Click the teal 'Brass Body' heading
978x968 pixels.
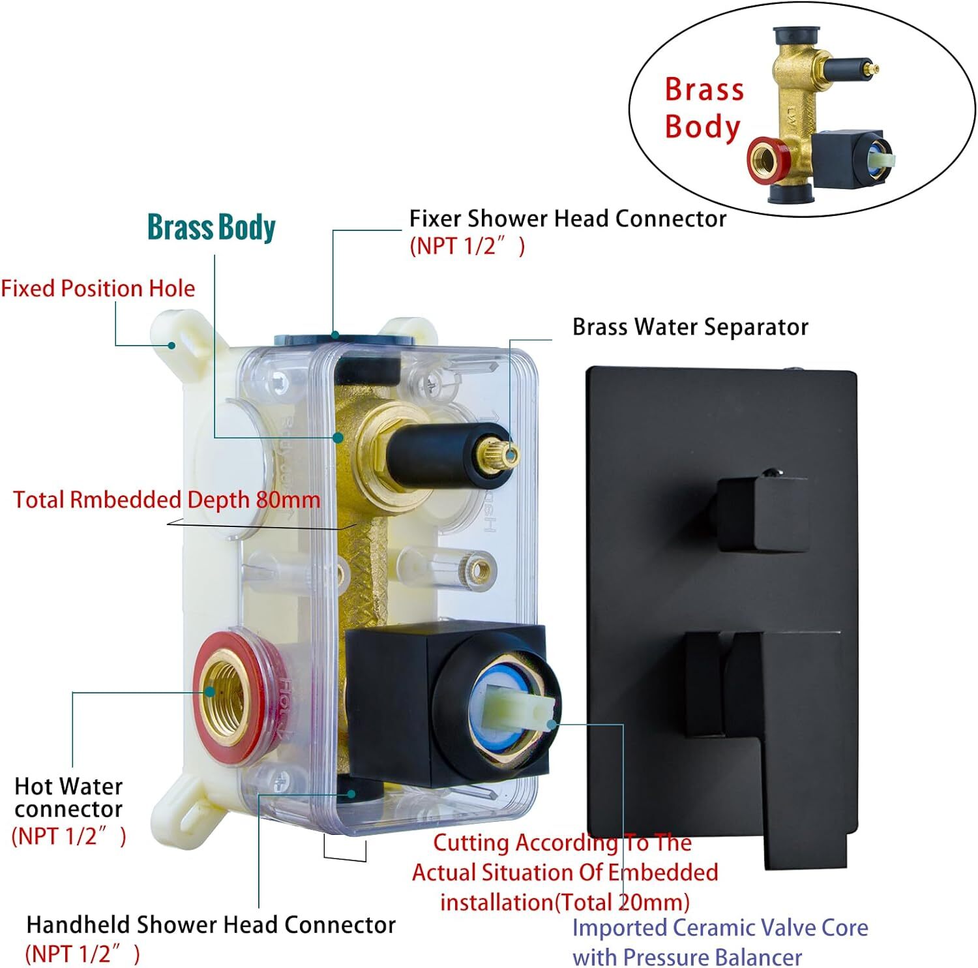tap(211, 228)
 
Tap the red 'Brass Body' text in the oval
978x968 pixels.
tap(704, 108)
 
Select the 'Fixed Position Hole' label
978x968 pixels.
tap(98, 288)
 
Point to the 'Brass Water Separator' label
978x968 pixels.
tap(690, 327)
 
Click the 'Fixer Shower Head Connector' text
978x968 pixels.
tap(567, 219)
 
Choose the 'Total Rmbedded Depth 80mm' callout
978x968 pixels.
tap(167, 500)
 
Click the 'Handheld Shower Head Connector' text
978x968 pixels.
tap(211, 924)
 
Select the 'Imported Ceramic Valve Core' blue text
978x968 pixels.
tap(720, 927)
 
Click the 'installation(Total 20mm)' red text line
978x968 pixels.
tap(565, 902)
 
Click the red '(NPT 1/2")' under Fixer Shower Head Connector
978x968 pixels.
tap(467, 246)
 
